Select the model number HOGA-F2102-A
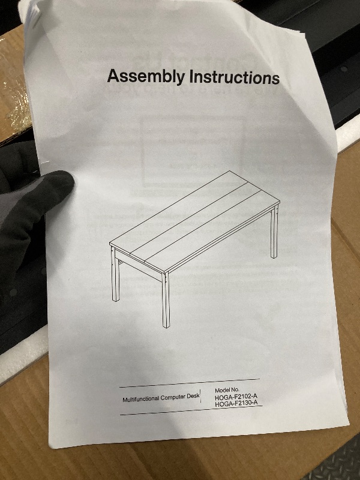point(236,397)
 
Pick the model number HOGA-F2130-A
point(236,403)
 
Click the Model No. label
point(227,390)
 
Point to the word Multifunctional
point(141,399)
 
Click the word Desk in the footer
point(193,396)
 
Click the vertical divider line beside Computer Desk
point(201,396)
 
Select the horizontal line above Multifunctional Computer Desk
point(189,383)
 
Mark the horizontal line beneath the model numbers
point(191,410)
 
